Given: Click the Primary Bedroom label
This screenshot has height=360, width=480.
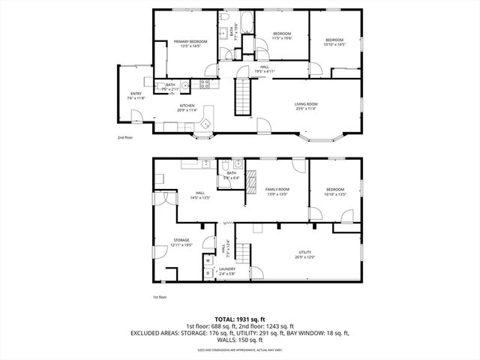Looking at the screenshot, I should (x=190, y=41).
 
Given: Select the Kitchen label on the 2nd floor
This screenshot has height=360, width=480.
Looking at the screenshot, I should (x=187, y=106).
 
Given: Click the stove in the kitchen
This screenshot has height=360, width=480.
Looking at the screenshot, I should (x=205, y=83).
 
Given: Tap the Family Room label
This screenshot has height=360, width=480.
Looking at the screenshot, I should (x=277, y=189).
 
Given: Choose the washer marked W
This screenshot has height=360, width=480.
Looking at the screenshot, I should (x=208, y=261).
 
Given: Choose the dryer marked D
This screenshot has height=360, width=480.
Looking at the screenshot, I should (x=208, y=274).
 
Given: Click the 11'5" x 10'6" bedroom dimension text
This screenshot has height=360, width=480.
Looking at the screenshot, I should (x=281, y=37).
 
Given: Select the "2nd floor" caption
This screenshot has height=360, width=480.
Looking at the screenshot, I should (x=124, y=138).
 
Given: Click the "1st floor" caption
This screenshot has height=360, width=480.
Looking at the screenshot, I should (x=158, y=297).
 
